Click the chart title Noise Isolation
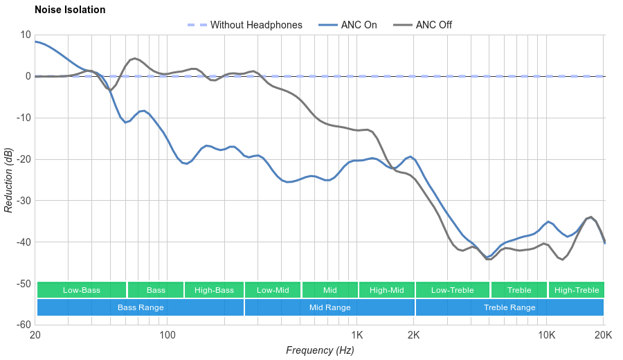70,10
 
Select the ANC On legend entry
359,25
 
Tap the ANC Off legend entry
433,25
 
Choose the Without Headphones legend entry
256,25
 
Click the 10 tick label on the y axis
26,35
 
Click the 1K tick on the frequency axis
357,336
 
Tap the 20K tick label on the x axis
604,336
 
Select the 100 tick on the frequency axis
168,336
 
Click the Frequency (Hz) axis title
320,350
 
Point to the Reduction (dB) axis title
8,180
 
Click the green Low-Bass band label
82,290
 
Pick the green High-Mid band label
386,290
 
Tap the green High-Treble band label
577,290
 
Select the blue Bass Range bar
141,307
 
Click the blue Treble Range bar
509,307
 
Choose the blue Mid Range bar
329,307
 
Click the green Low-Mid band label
273,290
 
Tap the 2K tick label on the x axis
414,336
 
